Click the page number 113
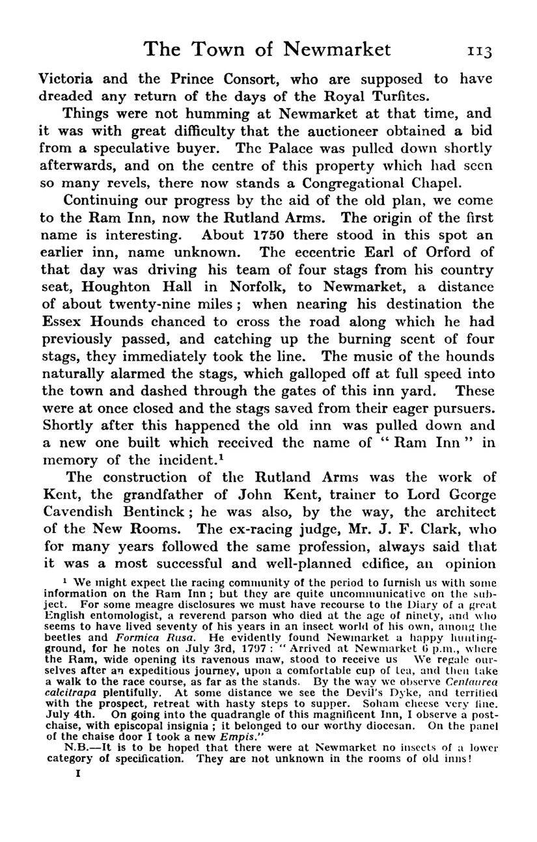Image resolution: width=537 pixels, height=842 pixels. (476, 50)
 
